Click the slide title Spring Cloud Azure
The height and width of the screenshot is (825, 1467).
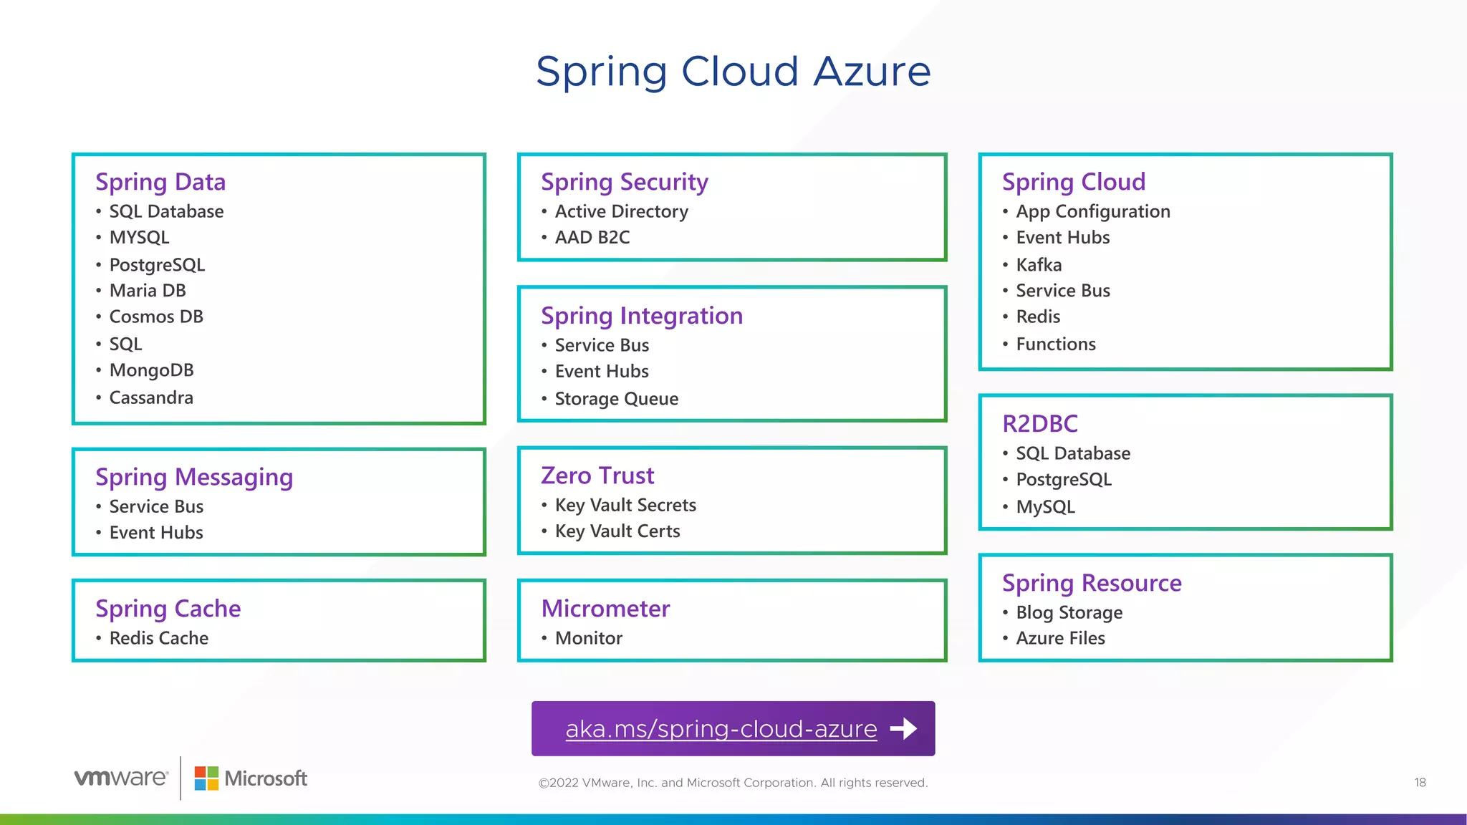coord(733,72)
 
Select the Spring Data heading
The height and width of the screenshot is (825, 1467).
coord(160,182)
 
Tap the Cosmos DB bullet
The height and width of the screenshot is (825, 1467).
coord(156,317)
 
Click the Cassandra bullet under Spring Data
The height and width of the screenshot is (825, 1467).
coord(151,397)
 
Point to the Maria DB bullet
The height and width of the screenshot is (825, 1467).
coord(148,291)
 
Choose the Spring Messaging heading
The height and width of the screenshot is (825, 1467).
coord(194,477)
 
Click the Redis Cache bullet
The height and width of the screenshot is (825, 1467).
coord(159,638)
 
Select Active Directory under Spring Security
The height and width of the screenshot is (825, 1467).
coord(621,211)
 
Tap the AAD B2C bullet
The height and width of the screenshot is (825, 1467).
coord(592,238)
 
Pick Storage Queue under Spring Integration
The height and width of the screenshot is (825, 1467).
coord(616,399)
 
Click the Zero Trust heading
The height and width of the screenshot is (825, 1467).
coord(597,476)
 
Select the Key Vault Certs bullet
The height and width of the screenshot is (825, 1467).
coord(617,531)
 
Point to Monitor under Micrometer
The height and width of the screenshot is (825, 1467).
coord(588,638)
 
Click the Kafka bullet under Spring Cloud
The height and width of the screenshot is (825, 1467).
coord(1039,265)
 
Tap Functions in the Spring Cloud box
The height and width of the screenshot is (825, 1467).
coord(1055,344)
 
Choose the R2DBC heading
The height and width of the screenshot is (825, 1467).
coord(1039,424)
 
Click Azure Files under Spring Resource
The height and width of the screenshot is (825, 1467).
coord(1060,638)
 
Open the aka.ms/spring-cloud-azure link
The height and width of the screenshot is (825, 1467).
coord(721,729)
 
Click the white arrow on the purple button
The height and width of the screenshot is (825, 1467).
coord(903,729)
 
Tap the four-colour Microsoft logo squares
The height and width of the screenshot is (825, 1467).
coord(206,778)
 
